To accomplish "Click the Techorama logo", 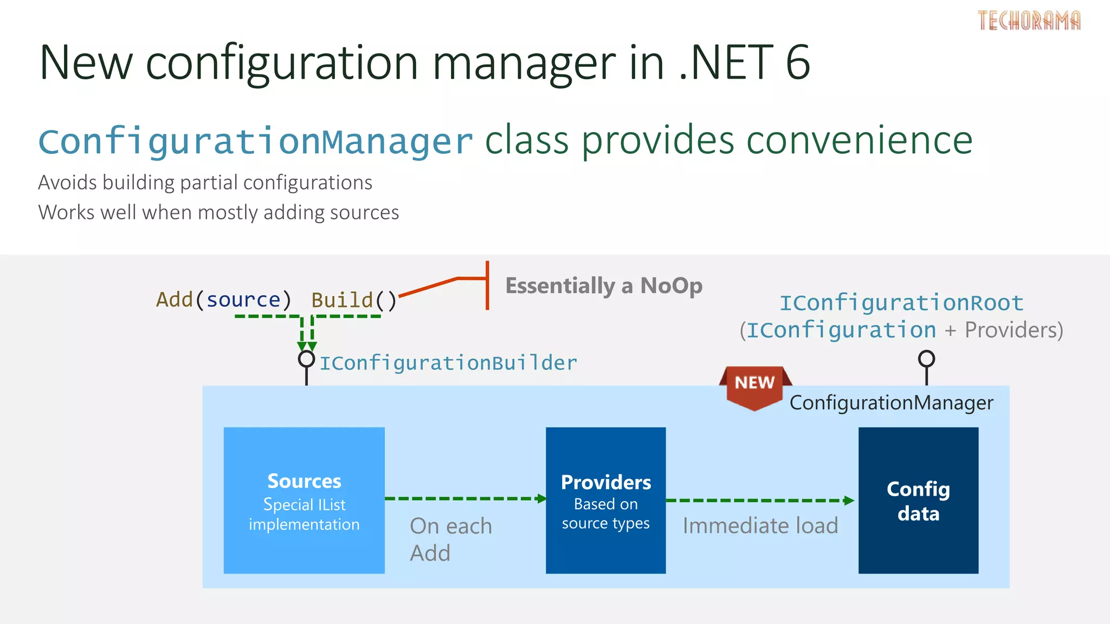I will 1029,21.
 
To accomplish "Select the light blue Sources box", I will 304,500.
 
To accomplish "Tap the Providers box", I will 605,500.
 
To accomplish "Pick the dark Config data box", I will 918,500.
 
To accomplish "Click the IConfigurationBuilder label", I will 448,363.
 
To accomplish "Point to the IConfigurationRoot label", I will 901,303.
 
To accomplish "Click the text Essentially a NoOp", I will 604,285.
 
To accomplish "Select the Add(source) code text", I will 223,300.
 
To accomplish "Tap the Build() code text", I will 354,300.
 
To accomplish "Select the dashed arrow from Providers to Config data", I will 759,500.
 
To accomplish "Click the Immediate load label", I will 760,525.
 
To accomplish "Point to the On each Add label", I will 450,539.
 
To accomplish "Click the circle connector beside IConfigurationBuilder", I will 306,359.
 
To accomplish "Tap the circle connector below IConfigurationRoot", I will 926,358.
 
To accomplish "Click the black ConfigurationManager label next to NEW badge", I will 891,403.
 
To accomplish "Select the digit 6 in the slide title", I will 797,62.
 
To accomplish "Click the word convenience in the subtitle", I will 859,141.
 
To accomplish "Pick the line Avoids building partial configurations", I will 205,183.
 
